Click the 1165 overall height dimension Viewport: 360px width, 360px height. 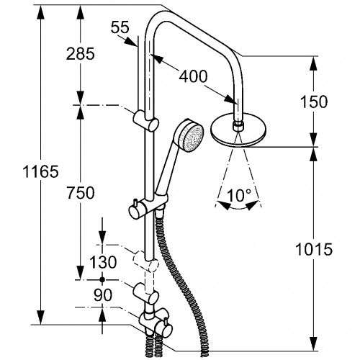coord(40,172)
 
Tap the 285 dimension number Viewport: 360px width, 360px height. coord(81,54)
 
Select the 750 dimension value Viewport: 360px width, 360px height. coord(81,193)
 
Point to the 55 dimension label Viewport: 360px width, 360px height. coord(120,27)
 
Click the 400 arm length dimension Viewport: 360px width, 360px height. coord(193,76)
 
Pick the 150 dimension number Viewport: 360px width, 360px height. coord(314,102)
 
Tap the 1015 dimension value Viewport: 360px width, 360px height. coord(314,249)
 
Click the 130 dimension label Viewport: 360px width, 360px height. coord(103,262)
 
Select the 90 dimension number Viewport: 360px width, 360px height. coord(103,295)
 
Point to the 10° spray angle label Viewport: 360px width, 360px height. coord(239,195)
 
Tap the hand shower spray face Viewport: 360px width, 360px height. coord(193,138)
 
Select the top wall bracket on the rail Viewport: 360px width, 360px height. coord(146,121)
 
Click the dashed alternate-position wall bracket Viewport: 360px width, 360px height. coord(146,262)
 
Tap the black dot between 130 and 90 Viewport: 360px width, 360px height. coord(102,279)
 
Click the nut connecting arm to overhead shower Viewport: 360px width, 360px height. coord(238,126)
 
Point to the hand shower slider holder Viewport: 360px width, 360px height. coord(149,205)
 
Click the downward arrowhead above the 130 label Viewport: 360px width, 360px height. coord(102,237)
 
